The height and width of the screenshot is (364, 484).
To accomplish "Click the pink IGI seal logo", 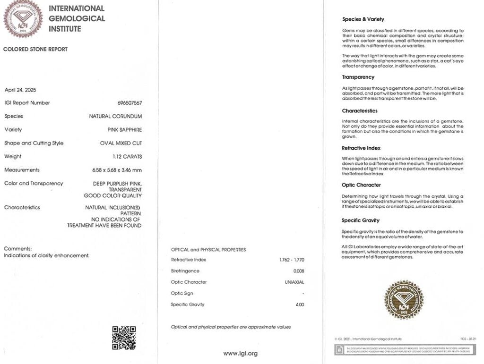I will click(23, 18).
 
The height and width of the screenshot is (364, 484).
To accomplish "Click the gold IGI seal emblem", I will click(403, 300).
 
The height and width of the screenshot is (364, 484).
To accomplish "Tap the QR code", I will click(124, 337).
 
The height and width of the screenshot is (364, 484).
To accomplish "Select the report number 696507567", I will click(130, 103).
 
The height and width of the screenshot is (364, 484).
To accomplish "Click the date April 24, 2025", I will click(20, 90).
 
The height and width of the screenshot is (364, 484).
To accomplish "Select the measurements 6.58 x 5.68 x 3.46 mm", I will click(117, 170).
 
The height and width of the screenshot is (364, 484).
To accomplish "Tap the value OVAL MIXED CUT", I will click(121, 144).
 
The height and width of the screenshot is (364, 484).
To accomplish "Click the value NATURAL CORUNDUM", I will click(115, 116).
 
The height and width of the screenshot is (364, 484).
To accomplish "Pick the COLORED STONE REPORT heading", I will click(35, 49).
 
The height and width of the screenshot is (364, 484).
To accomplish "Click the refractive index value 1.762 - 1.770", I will click(292, 260).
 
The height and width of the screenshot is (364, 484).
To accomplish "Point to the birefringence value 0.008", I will click(299, 271).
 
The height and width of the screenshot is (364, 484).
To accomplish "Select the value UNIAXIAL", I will click(294, 282).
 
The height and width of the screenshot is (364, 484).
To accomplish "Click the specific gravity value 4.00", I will click(300, 305).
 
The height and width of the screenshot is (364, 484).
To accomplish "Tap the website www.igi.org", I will click(241, 353).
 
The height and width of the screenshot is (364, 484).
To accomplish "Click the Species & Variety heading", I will click(363, 19).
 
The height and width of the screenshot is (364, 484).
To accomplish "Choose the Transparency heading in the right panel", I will click(358, 77).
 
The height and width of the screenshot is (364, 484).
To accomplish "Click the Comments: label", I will click(17, 248).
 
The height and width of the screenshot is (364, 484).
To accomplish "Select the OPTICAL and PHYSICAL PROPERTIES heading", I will click(208, 250).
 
